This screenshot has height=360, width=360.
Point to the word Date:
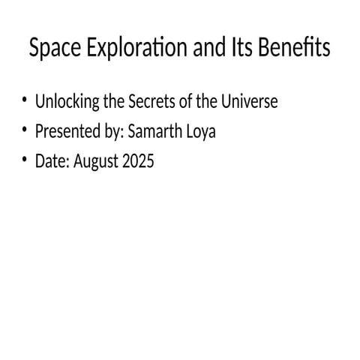[51, 160]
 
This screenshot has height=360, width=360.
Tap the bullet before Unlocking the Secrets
[24, 101]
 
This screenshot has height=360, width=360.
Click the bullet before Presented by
[24, 131]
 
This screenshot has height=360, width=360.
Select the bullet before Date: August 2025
[24, 160]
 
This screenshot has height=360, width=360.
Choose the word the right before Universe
[207, 101]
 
